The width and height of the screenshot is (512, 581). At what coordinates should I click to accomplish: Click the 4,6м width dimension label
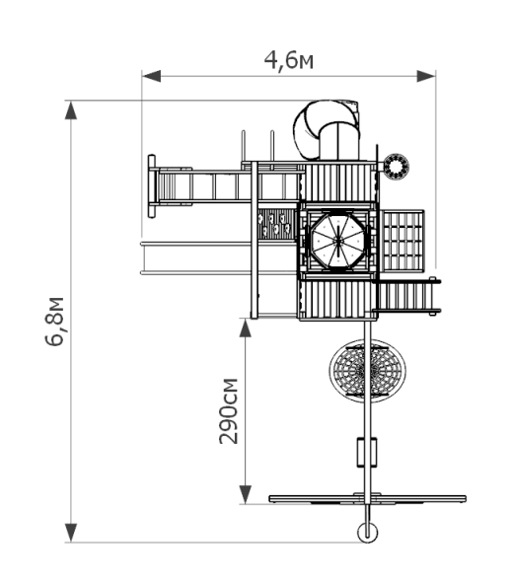[x=289, y=60]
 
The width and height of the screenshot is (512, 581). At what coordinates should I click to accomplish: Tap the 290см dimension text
[x=228, y=411]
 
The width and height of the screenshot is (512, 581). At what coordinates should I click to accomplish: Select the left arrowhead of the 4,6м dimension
[x=151, y=76]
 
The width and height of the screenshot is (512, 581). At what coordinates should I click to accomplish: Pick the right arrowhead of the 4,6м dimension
[x=426, y=76]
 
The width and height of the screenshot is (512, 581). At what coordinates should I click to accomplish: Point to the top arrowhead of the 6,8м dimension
[x=71, y=110]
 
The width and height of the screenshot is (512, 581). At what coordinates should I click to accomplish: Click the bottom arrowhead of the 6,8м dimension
[x=71, y=533]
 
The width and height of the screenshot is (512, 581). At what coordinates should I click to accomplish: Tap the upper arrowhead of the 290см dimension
[x=246, y=327]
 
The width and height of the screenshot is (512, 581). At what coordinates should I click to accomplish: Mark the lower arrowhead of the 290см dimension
[x=246, y=494]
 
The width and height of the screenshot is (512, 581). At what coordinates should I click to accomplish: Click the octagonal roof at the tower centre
[x=338, y=241]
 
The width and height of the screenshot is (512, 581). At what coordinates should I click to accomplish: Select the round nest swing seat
[x=368, y=370]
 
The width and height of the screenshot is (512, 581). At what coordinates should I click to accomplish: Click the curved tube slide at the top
[x=326, y=128]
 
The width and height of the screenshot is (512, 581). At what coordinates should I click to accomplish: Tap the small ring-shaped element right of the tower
[x=396, y=167]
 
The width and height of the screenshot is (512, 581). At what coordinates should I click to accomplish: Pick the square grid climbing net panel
[x=403, y=240]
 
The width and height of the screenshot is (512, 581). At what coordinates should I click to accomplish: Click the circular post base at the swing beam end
[x=368, y=533]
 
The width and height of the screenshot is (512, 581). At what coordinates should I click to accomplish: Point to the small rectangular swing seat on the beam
[x=367, y=452]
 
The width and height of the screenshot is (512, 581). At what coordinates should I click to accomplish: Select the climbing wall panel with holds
[x=276, y=224]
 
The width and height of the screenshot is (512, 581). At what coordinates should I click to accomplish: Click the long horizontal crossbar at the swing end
[x=368, y=499]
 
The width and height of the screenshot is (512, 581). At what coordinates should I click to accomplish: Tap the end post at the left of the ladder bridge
[x=152, y=186]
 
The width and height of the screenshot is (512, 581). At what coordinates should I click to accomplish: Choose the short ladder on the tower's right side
[x=407, y=296]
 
